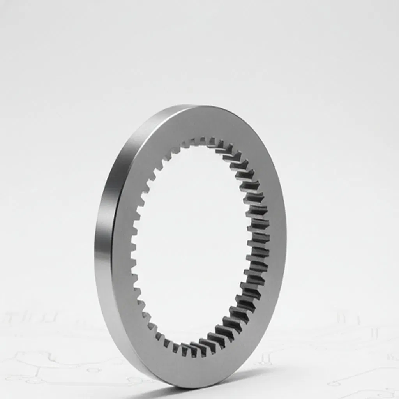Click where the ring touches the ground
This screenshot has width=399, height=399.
[x=171, y=384]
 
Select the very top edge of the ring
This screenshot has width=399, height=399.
[x=195, y=106]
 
